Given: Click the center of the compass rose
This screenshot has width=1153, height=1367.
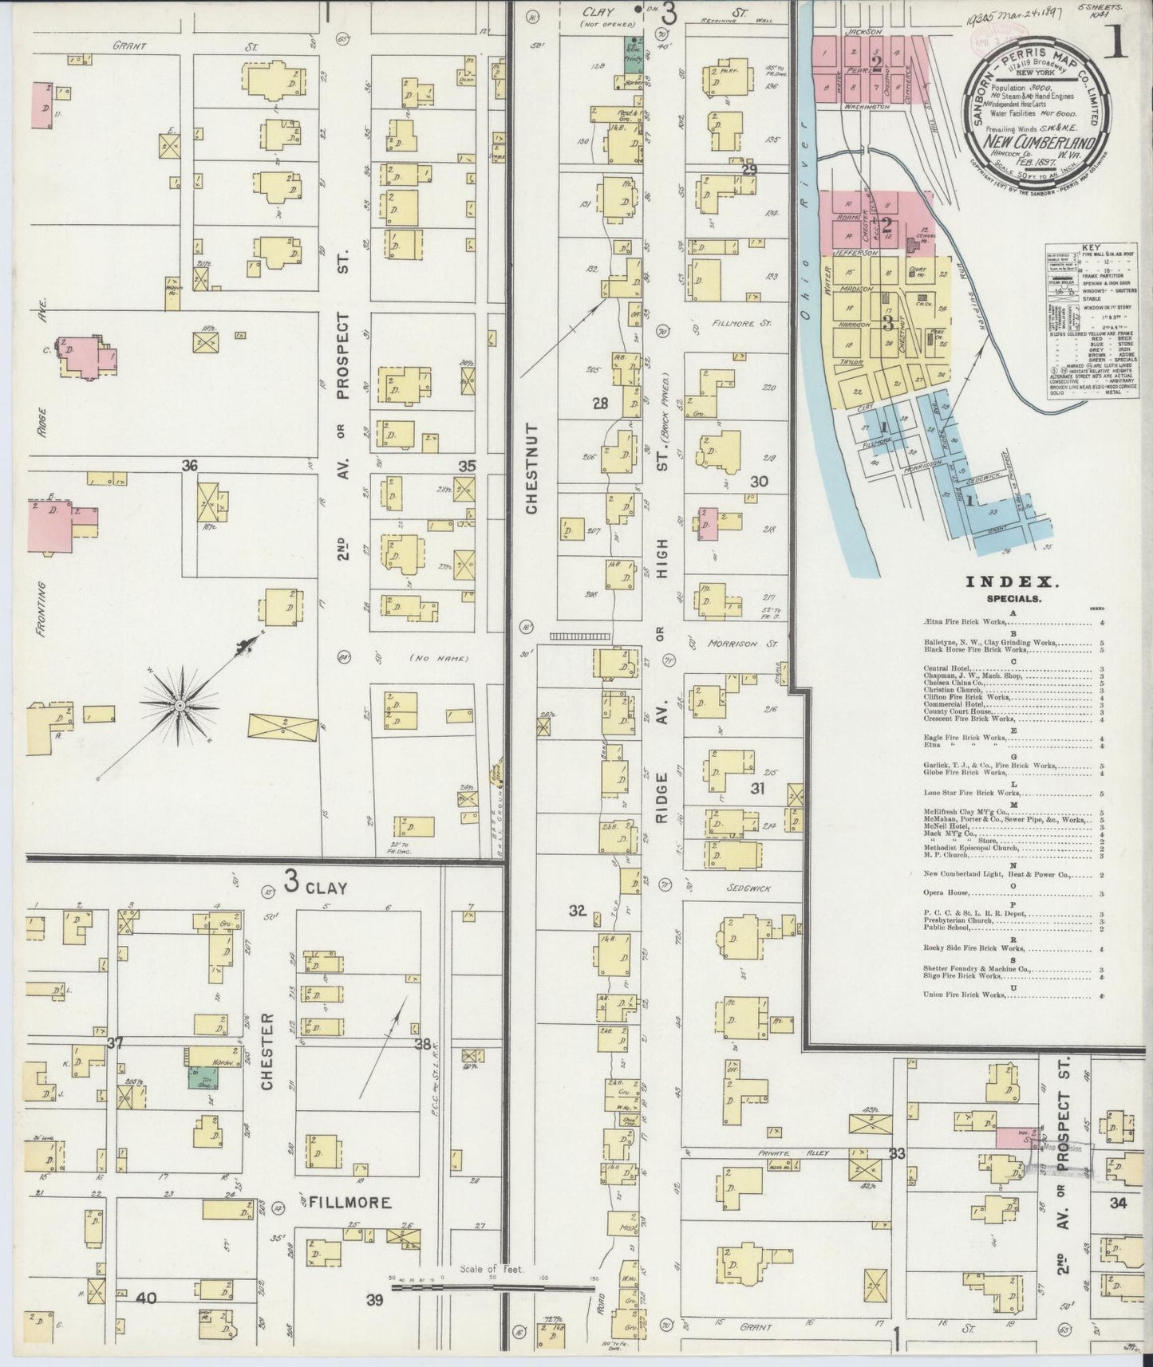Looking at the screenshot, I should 181,706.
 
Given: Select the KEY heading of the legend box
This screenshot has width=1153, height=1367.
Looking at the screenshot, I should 1081,248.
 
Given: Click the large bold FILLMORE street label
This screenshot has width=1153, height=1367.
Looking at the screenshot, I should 350,1201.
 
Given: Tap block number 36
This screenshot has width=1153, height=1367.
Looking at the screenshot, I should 189,466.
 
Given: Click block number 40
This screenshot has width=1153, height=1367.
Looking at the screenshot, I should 145,1298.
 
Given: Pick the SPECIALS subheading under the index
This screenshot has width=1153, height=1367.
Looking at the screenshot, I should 1001,597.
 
